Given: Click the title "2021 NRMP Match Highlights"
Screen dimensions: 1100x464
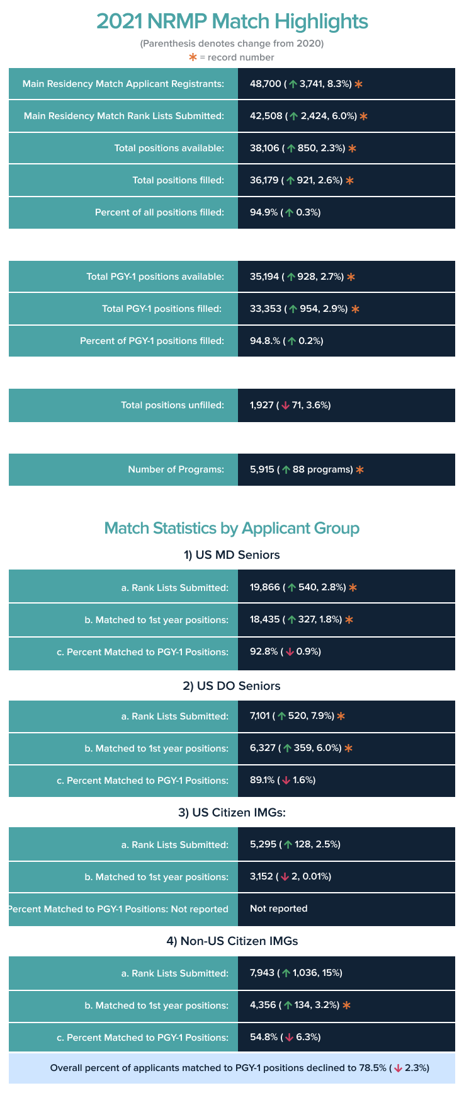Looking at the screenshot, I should [232, 21].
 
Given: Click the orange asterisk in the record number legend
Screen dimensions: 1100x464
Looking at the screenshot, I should [193, 57].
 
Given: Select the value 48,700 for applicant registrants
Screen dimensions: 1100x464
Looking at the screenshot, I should [265, 84].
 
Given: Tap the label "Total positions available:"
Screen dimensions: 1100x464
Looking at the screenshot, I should [169, 148].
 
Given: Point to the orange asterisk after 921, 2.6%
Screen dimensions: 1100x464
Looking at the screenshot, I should [350, 180].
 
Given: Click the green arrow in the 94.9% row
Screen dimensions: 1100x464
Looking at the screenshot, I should [289, 212].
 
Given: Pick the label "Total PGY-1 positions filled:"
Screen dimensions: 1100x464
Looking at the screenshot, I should [161, 309].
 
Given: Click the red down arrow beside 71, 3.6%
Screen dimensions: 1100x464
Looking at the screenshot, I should [285, 405].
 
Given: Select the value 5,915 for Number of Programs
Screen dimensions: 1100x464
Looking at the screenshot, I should [262, 469].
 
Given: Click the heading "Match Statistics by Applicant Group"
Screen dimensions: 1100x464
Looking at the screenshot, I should [232, 528].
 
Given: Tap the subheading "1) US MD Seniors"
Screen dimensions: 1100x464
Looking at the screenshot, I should [232, 555].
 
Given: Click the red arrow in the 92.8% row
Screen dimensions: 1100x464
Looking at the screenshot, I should [290, 651].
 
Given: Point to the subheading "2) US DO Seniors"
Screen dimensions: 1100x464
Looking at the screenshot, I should [232, 686].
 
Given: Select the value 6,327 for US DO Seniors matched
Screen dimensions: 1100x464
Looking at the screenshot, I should [263, 748].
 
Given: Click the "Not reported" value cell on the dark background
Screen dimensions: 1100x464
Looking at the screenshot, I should [278, 908].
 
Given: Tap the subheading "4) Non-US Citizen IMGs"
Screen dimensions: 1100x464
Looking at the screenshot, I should [232, 941].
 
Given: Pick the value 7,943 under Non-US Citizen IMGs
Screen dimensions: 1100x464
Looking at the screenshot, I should [262, 973].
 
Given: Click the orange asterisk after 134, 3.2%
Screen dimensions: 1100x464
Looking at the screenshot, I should [346, 1005].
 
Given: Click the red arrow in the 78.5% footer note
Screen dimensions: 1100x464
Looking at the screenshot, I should [398, 1068].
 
